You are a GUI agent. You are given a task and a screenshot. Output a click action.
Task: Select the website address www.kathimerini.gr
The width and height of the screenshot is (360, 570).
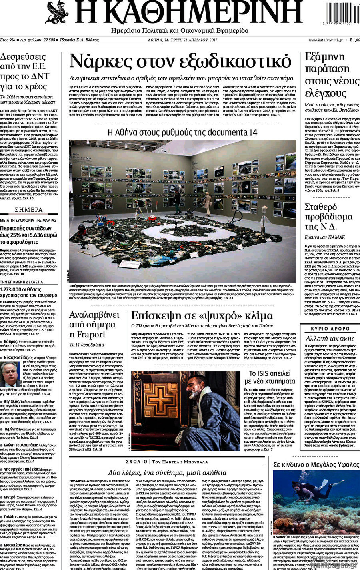[x=325, y=40]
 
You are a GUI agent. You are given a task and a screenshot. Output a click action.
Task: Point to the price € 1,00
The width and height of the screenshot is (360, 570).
[x=352, y=40]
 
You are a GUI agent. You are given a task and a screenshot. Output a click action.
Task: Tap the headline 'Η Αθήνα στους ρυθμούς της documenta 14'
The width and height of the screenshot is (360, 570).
[x=182, y=132]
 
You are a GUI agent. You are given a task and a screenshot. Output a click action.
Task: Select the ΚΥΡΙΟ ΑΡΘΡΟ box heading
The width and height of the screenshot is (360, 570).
[x=330, y=329]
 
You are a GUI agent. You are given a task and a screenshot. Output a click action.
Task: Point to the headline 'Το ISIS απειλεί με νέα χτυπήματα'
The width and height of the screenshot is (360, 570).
[x=269, y=377]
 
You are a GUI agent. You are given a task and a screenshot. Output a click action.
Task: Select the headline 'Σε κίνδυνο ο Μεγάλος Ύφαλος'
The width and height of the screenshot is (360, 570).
[x=316, y=464]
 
